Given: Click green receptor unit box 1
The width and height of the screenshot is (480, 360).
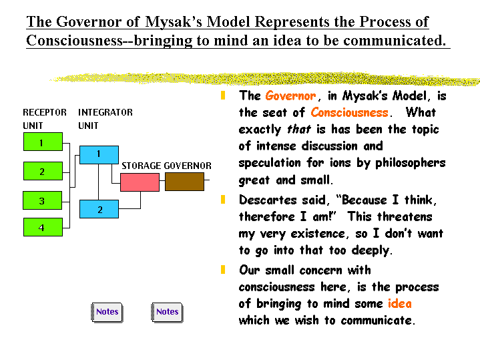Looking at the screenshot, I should coord(43,142).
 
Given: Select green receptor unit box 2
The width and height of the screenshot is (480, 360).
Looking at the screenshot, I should coord(43,171).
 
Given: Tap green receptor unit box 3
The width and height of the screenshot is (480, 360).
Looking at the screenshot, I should coord(43,200).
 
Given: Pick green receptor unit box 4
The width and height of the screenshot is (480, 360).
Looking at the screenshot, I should coord(43,227).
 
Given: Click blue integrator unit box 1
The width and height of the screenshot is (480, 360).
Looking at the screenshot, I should coord(99,154).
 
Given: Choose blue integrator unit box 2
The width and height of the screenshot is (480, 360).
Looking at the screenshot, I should coord(99,209).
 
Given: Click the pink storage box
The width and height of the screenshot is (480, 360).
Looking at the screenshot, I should coord(140,182).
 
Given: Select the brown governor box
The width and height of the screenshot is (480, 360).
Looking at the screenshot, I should coord(184,182).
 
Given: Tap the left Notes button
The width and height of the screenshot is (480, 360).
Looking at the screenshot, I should coord(107,312).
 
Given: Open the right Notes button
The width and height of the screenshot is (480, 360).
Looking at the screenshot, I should coord(167,312).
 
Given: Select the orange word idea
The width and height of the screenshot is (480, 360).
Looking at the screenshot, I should coord(399,304).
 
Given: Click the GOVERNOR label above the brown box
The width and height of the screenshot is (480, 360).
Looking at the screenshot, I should coord(188,166).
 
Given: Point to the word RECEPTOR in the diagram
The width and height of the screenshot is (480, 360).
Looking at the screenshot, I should coord(45,112).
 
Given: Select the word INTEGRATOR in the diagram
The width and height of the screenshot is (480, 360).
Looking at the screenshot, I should coord(105,112).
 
